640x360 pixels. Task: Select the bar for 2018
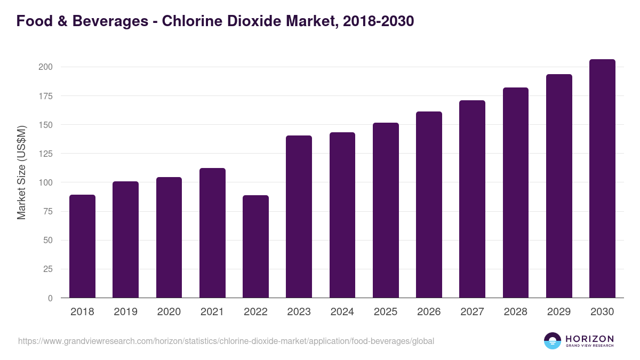pyautogui.click(x=82, y=246)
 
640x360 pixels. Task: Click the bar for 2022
pyautogui.click(x=255, y=246)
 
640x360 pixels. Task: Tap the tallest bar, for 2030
pyautogui.click(x=602, y=179)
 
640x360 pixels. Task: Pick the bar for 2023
pyautogui.click(x=299, y=217)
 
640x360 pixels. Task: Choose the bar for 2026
pyautogui.click(x=429, y=205)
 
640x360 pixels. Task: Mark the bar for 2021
pyautogui.click(x=212, y=233)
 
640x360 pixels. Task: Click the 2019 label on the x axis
pyautogui.click(x=125, y=312)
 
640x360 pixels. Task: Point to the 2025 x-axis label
pyautogui.click(x=386, y=312)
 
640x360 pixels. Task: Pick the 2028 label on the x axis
pyautogui.click(x=516, y=312)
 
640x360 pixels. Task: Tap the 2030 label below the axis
pyautogui.click(x=602, y=312)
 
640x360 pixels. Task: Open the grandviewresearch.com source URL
pyautogui.click(x=226, y=341)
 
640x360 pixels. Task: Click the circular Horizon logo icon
pyautogui.click(x=553, y=341)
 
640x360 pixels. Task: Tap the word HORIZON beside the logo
pyautogui.click(x=589, y=338)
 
